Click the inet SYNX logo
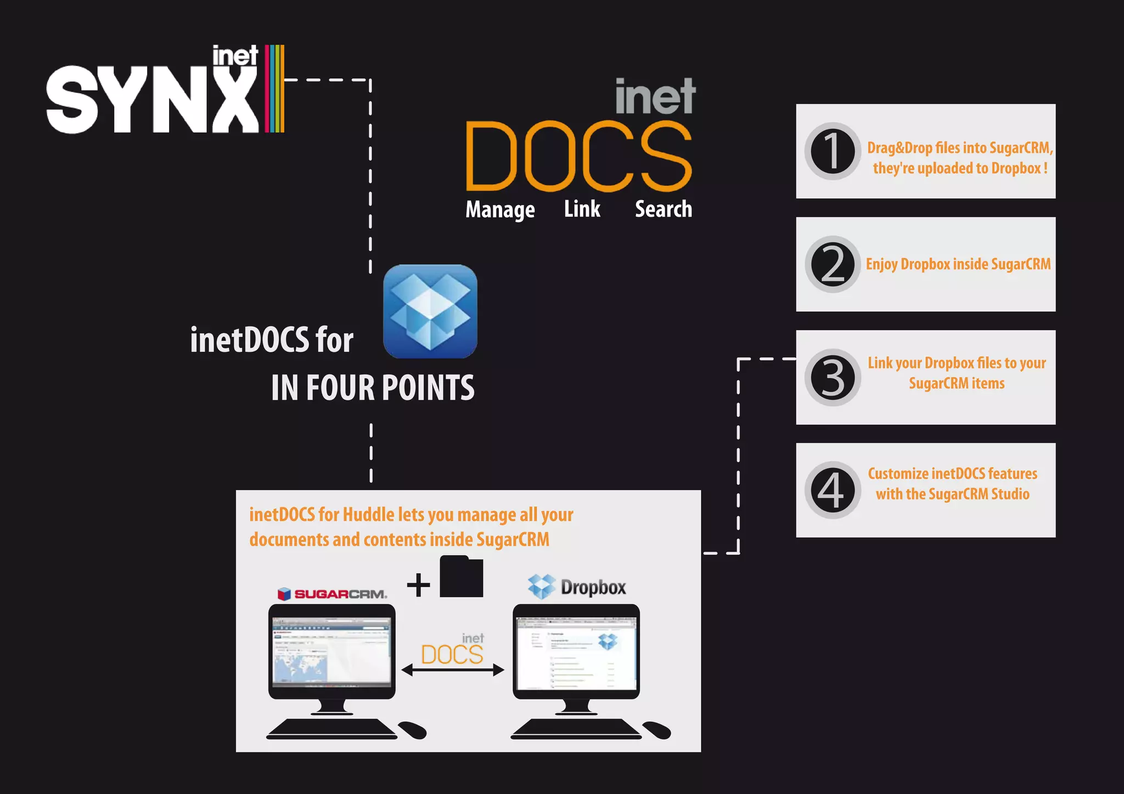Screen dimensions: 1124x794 165,90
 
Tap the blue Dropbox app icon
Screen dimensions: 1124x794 430,311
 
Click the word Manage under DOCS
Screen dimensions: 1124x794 500,209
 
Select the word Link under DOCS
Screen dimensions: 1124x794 582,209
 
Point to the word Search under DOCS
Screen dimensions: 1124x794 664,209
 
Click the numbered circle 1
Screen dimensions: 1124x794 833,151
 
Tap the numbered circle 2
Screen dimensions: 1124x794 833,264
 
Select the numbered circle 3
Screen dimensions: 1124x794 833,377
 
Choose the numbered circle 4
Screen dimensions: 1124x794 833,490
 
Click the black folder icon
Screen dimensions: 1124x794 461,577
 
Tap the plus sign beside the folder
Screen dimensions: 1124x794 418,585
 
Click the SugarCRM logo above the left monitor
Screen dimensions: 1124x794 332,594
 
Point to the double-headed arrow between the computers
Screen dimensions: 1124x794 453,670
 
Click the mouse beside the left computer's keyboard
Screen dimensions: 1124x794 412,730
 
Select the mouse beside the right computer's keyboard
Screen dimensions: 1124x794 656,730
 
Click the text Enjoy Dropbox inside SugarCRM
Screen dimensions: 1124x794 958,264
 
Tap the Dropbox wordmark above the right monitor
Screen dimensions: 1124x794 592,587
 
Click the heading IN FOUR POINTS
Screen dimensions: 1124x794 373,388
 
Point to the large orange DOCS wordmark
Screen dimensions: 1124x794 578,156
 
